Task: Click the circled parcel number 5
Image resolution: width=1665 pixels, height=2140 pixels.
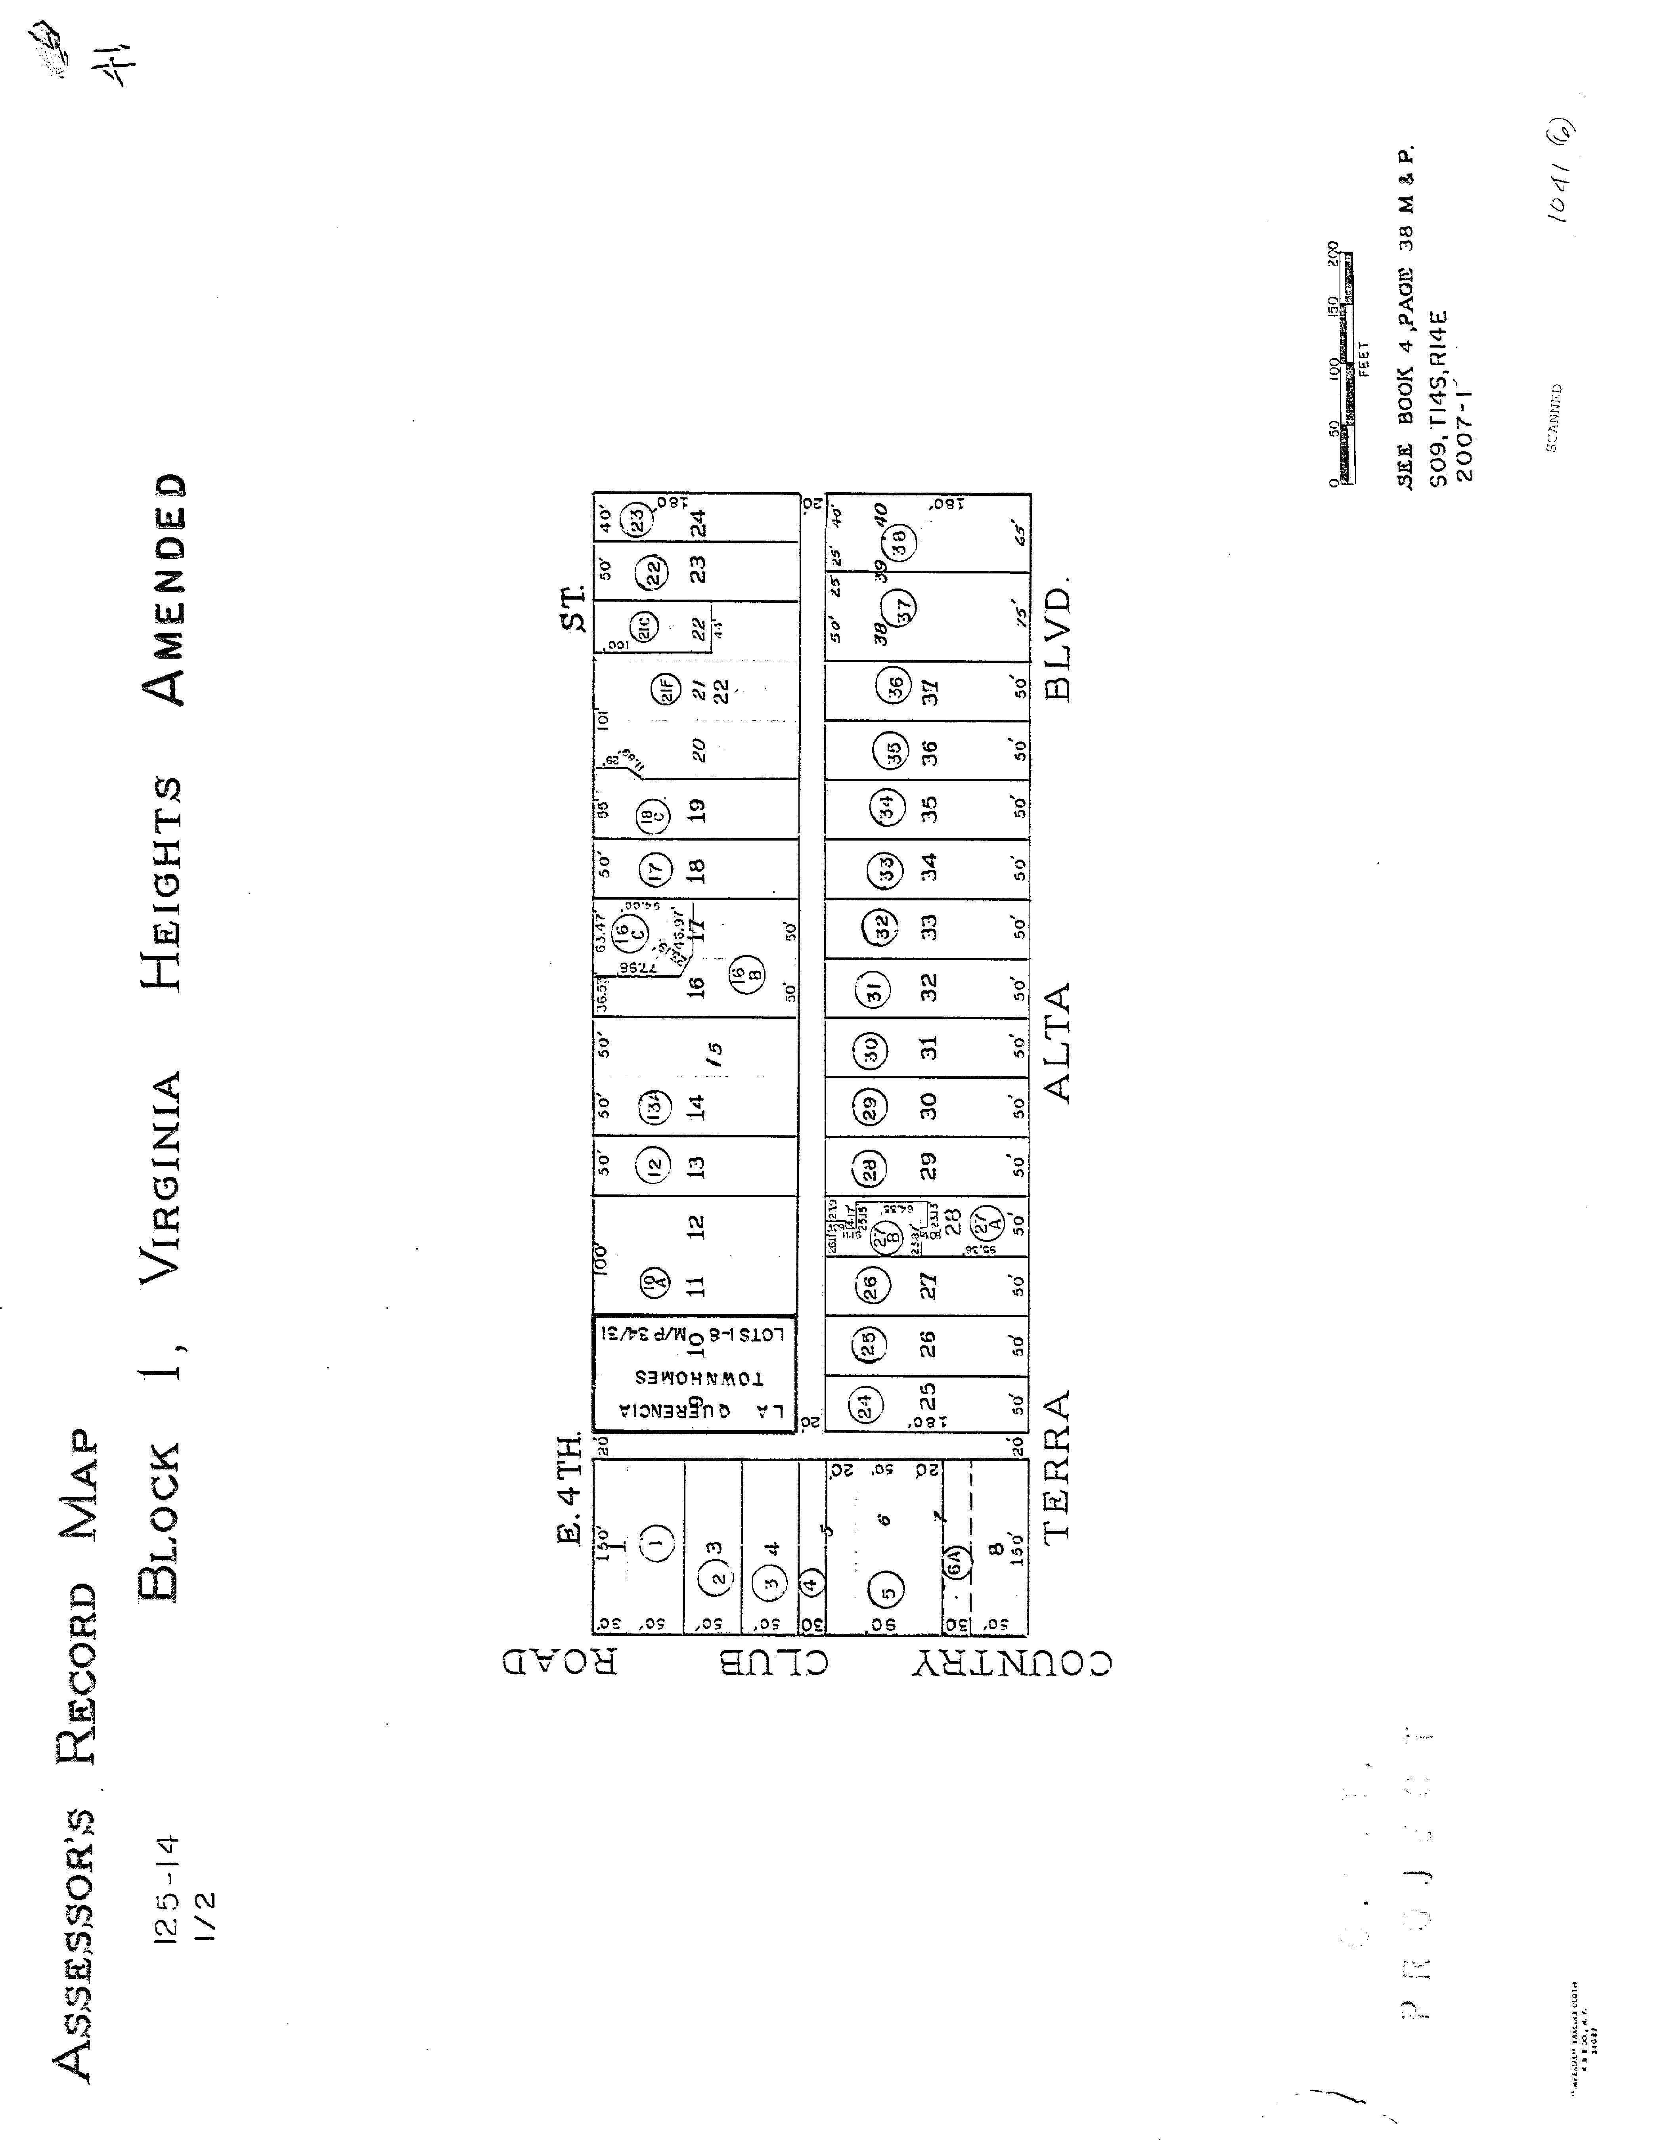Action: click(887, 1592)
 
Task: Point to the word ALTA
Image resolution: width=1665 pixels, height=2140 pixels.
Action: click(1058, 1041)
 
